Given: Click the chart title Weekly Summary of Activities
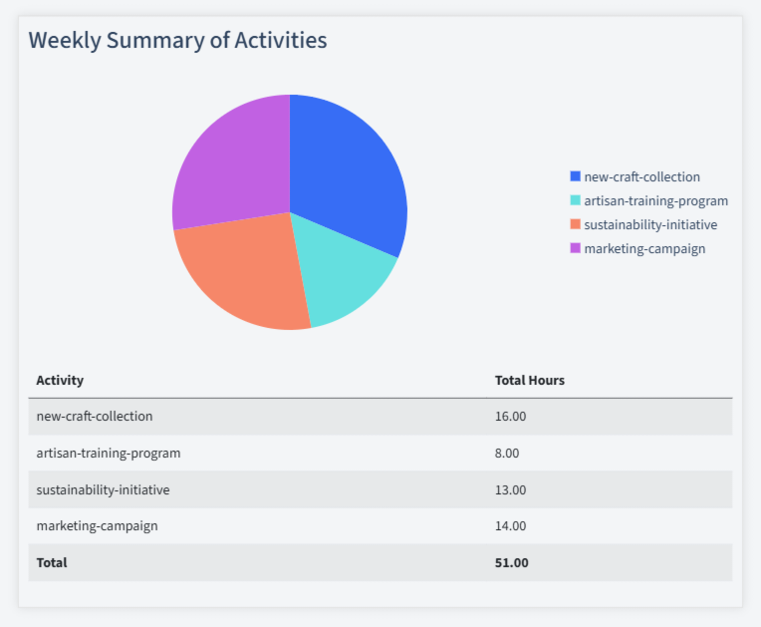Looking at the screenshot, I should pos(177,40).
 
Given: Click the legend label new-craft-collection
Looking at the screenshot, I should pos(641,176).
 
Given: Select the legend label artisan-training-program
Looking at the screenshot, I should pos(655,200).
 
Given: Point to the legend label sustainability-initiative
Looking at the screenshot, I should pos(650,224).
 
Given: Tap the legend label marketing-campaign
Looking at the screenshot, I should pos(644,248).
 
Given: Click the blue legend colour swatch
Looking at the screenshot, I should pos(575,176).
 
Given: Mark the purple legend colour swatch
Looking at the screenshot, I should pos(575,248).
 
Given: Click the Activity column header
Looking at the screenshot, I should pos(60,380).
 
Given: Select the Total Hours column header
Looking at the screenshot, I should pos(530,380).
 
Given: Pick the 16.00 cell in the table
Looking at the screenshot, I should pos(510,416).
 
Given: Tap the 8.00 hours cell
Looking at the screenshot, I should pos(507,453).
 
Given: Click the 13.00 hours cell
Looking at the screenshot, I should pos(510,489).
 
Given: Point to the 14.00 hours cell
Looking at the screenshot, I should pos(510,525).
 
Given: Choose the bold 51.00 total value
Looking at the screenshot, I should pos(511,562).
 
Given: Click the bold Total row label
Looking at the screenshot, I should pos(52,562).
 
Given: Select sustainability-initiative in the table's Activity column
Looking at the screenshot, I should pos(103,489).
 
